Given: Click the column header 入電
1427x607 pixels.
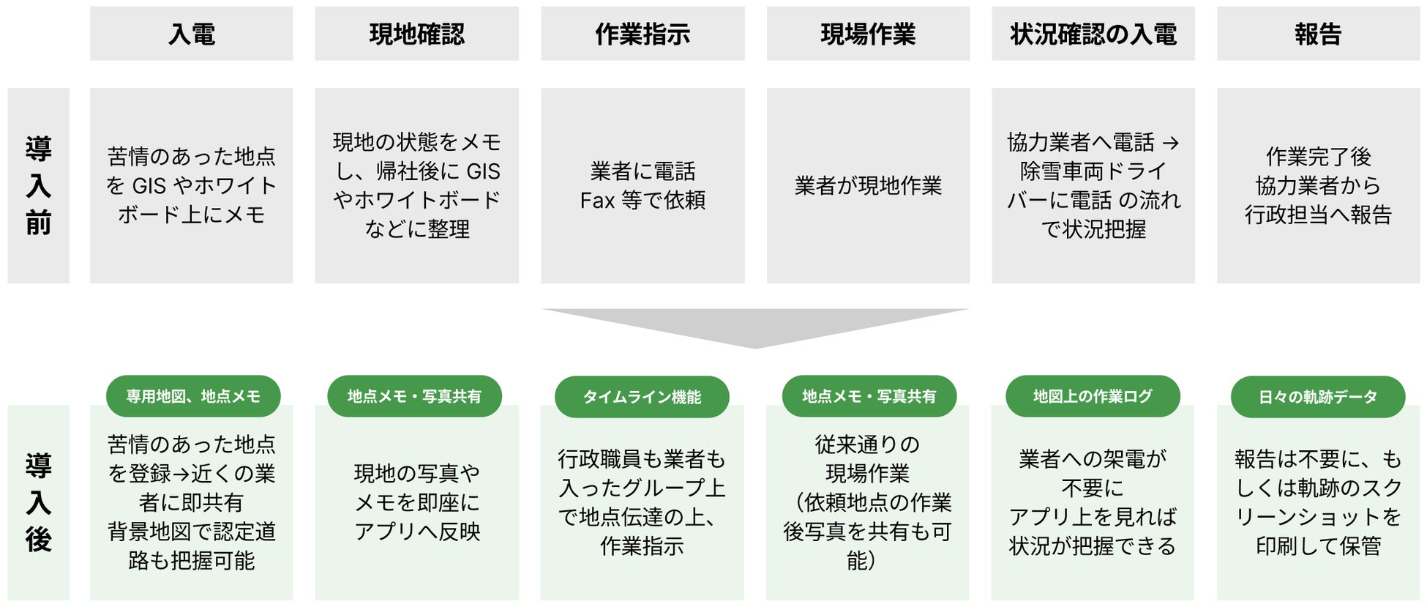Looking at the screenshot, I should pyautogui.click(x=191, y=34).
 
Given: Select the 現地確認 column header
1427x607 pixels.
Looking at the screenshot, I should pyautogui.click(x=416, y=34).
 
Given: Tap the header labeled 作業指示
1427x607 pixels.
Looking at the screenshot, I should pyautogui.click(x=643, y=34).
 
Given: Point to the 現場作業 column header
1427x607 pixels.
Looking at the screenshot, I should pyautogui.click(x=868, y=34).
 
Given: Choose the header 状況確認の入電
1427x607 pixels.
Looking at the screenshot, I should pyautogui.click(x=1093, y=34).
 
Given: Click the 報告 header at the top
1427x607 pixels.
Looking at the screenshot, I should pyautogui.click(x=1318, y=34).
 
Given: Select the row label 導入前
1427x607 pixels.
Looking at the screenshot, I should pyautogui.click(x=38, y=186).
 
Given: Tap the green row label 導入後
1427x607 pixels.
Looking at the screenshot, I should pyautogui.click(x=38, y=502).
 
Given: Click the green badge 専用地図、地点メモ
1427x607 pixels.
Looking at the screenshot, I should pyautogui.click(x=193, y=396).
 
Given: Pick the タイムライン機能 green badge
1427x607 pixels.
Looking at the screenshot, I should pyautogui.click(x=642, y=397).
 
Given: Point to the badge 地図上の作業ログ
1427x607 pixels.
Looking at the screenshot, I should pyautogui.click(x=1093, y=396).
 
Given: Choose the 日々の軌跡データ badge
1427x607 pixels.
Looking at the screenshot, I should pyautogui.click(x=1318, y=397).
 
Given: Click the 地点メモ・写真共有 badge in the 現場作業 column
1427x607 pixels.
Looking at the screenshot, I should pyautogui.click(x=869, y=396).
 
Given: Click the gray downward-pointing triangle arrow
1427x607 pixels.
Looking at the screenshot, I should pyautogui.click(x=755, y=327).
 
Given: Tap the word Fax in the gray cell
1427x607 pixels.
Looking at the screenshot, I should pyautogui.click(x=597, y=201).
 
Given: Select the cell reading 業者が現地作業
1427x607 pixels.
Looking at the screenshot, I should pyautogui.click(x=868, y=186).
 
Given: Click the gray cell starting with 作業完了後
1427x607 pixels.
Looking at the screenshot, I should pyautogui.click(x=1318, y=186).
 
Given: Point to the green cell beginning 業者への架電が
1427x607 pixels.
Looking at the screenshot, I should pyautogui.click(x=1093, y=502).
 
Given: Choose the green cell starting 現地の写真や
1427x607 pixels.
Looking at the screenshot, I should pyautogui.click(x=416, y=502).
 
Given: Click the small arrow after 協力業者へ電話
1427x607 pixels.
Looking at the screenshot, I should pyautogui.click(x=1171, y=143).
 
